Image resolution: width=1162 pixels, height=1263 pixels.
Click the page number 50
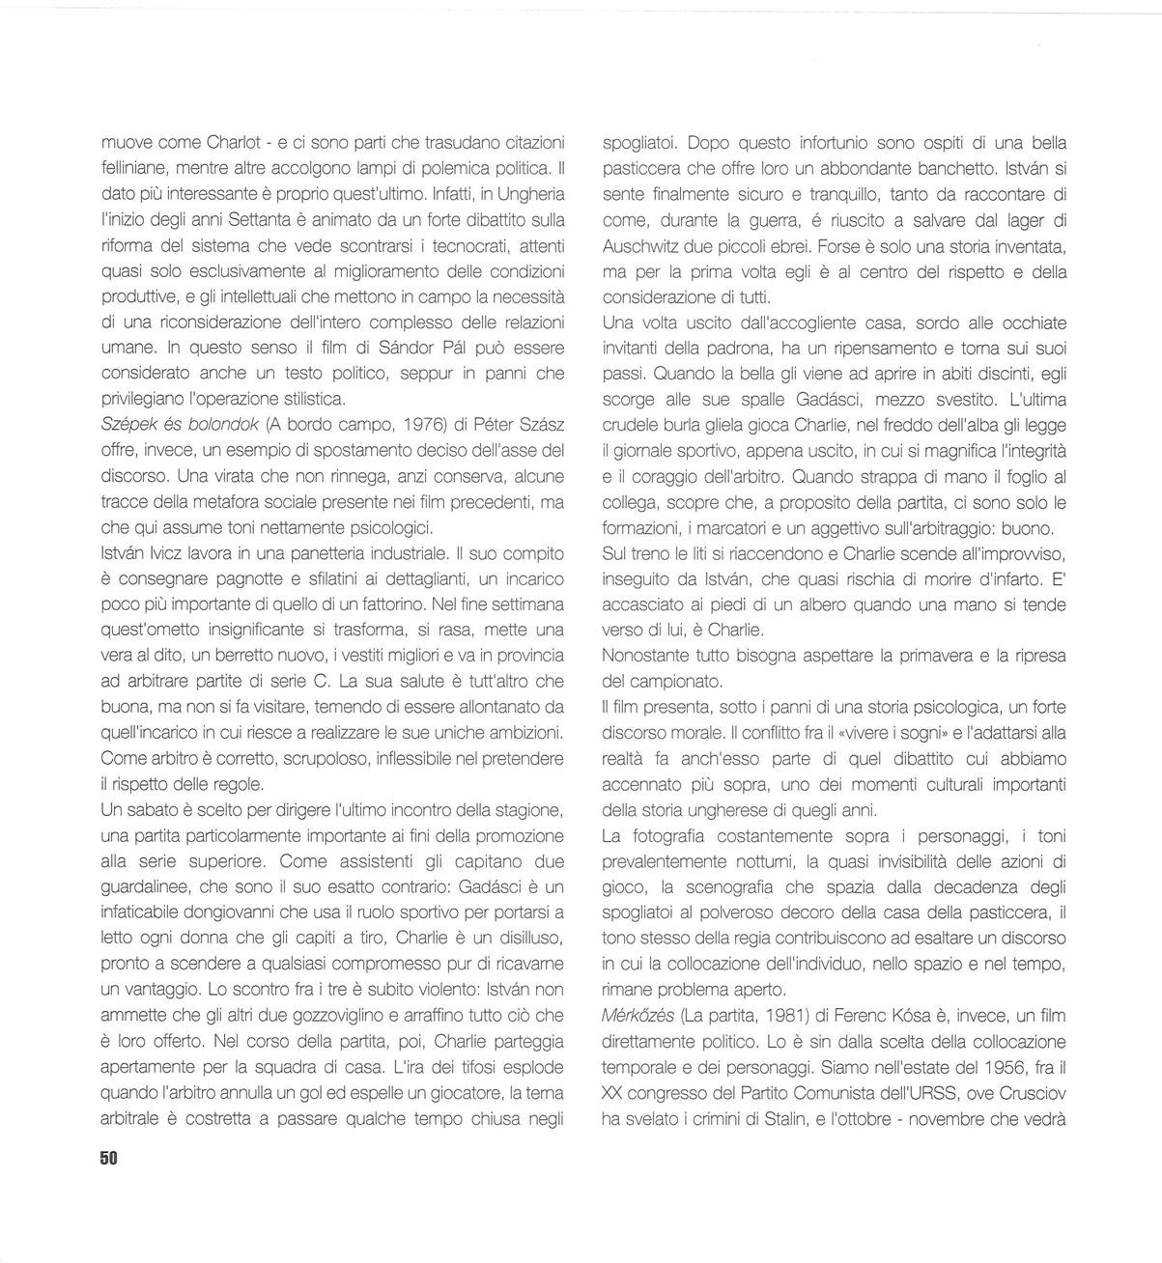(x=108, y=1158)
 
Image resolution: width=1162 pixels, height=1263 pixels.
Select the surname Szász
(x=543, y=425)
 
